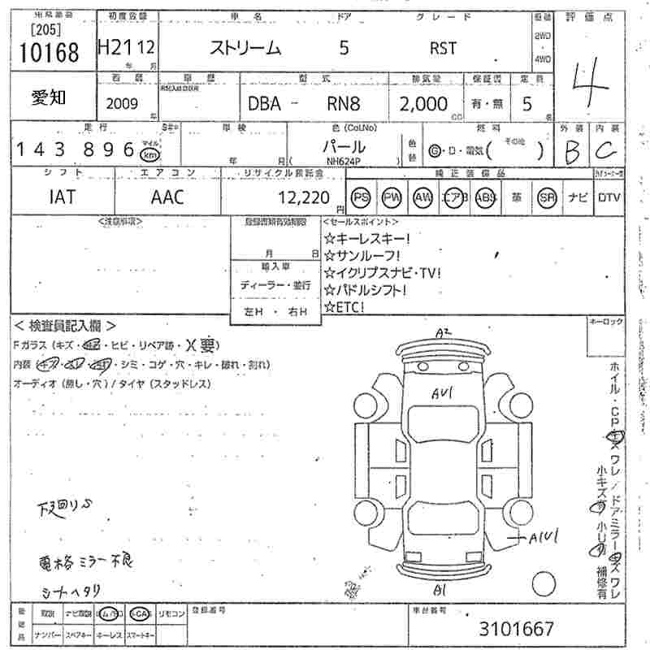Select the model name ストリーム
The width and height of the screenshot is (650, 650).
click(x=245, y=48)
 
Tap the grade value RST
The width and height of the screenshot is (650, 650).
click(x=443, y=48)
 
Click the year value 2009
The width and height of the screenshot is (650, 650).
click(x=122, y=103)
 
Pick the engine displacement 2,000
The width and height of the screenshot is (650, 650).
click(x=423, y=103)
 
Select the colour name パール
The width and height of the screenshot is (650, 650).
click(x=344, y=147)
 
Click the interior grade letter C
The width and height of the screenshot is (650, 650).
click(x=605, y=149)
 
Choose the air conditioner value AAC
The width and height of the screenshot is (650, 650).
click(x=167, y=197)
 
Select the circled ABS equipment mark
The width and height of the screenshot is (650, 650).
click(x=486, y=197)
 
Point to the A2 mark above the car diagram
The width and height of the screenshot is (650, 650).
click(x=443, y=332)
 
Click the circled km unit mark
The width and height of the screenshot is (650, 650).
click(x=149, y=154)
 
